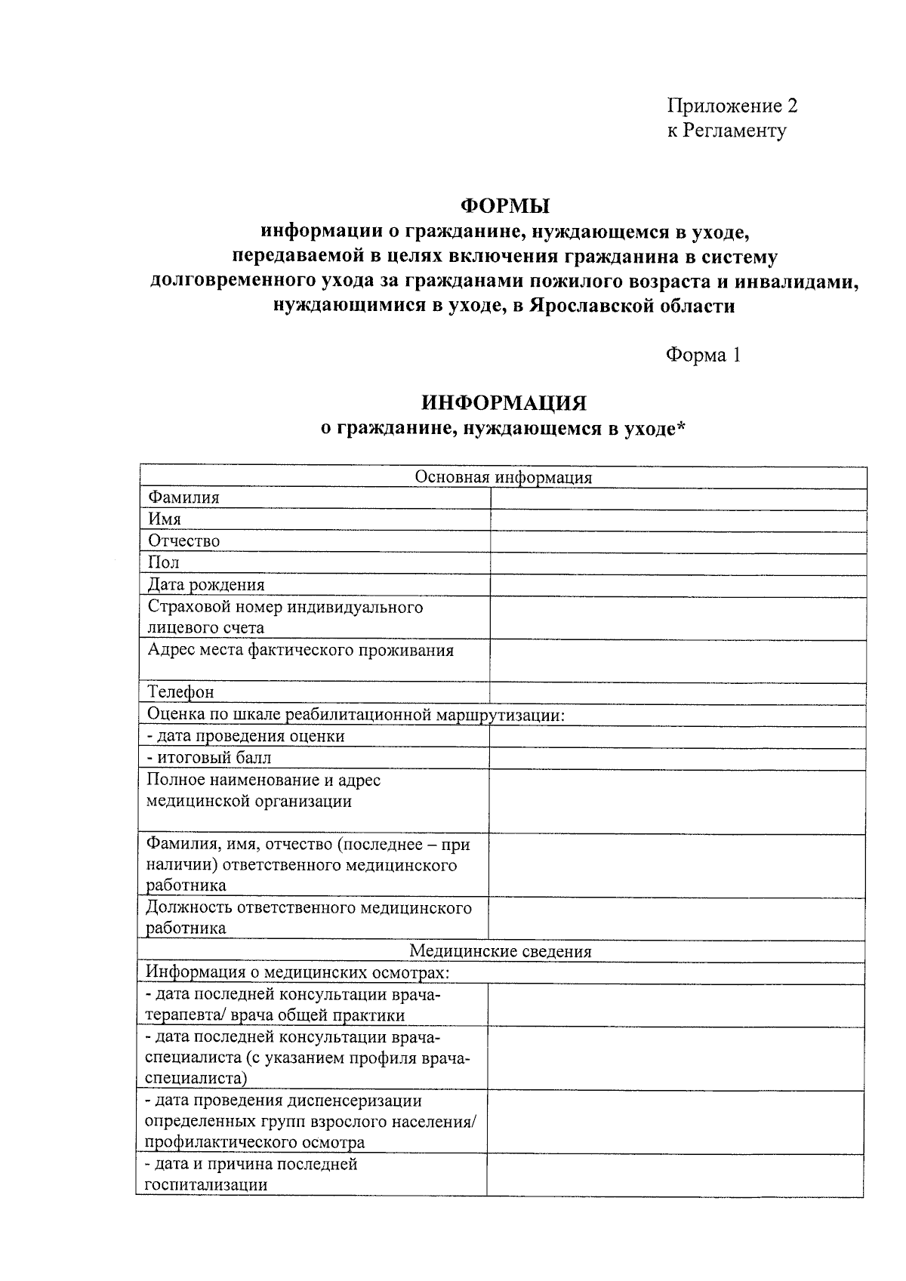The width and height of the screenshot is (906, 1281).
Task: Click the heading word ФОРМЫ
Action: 505,205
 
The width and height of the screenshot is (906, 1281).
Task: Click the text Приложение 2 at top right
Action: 732,106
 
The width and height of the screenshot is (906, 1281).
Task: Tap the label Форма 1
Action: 702,355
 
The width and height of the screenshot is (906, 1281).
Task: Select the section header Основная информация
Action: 504,477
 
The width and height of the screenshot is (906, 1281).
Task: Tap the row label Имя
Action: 165,519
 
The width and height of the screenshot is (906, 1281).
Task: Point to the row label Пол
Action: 163,562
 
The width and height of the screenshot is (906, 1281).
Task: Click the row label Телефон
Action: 180,692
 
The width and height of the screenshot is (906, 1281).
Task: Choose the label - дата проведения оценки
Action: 245,736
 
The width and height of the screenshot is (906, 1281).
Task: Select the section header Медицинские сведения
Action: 501,951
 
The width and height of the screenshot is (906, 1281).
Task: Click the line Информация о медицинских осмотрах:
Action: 297,972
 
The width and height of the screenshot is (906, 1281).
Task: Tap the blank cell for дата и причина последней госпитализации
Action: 675,1175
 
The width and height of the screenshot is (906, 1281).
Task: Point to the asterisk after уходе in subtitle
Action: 681,427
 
